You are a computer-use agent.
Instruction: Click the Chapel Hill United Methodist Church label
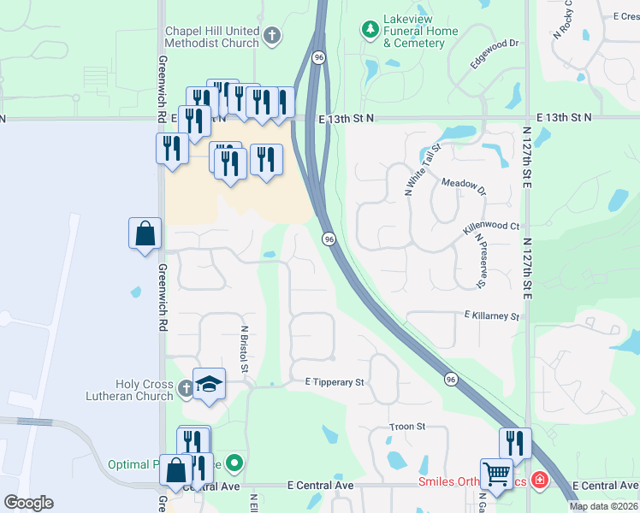coord(211,36)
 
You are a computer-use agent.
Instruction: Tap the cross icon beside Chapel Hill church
coord(272,35)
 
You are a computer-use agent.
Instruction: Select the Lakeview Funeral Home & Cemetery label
coord(421,37)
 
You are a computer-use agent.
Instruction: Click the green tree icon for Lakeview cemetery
coord(370,31)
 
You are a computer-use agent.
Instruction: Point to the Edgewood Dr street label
coord(495,54)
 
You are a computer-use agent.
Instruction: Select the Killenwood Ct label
coord(491,227)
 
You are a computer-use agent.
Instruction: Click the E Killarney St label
coord(491,316)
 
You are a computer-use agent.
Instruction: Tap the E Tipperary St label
coord(335,382)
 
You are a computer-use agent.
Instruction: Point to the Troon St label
coord(407,426)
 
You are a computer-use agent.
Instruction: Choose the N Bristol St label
coord(244,349)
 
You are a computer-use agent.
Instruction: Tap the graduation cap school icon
coord(209,384)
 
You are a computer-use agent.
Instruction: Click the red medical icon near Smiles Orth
coord(539,481)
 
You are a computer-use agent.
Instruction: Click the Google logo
coord(28,503)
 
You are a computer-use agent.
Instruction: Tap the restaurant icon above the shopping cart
coord(515,443)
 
